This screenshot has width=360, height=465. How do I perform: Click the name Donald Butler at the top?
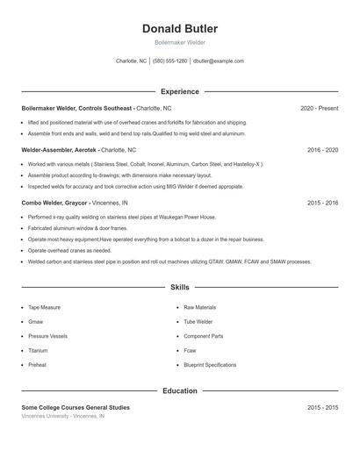(x=179, y=29)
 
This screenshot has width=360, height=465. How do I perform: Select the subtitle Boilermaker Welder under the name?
(x=179, y=43)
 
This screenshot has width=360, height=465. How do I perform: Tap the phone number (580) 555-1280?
(x=169, y=61)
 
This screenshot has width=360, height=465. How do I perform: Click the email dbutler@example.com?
(x=219, y=61)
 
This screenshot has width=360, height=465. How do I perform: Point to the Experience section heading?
(x=179, y=91)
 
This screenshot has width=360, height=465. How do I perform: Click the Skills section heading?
(x=179, y=287)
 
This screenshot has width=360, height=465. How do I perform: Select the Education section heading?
(x=179, y=390)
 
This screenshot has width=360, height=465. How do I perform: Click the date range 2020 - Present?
(x=319, y=108)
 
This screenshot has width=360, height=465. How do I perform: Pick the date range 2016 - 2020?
(x=322, y=150)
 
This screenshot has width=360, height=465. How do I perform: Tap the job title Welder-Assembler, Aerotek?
(x=59, y=150)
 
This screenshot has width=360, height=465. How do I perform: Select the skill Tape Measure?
(x=44, y=308)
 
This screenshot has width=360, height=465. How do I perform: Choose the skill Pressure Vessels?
(x=47, y=336)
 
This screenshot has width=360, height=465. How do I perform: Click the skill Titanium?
(x=40, y=350)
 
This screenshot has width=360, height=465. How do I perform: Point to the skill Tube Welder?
(x=198, y=322)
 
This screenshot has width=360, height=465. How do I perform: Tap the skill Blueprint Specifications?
(x=210, y=364)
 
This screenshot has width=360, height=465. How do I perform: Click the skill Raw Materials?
(x=199, y=308)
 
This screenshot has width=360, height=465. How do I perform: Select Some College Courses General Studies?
(x=76, y=408)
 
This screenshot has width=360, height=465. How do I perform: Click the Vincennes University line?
(x=63, y=417)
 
